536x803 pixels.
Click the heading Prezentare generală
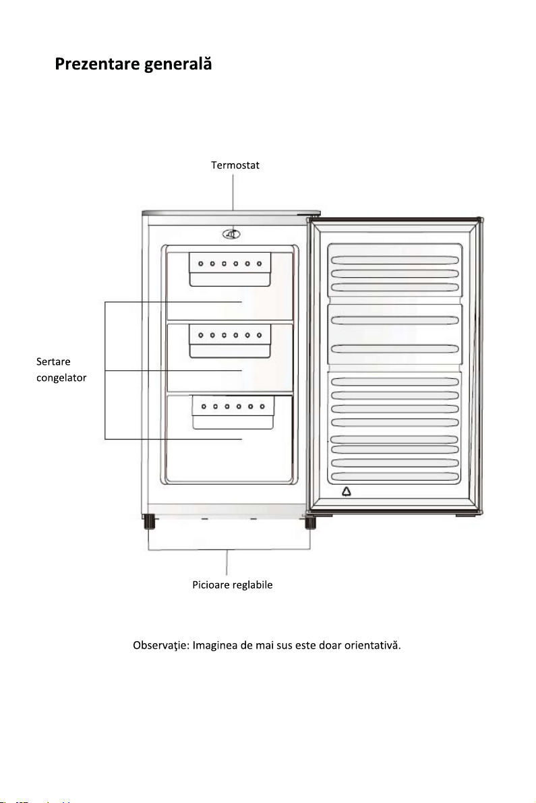133,64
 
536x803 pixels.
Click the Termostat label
235,165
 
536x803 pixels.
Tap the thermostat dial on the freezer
231,234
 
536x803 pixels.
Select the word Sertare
53,361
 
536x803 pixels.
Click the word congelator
61,378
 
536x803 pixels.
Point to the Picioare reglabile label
233,585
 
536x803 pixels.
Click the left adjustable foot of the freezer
150,522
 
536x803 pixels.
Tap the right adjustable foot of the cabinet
310,523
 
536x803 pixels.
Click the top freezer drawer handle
230,269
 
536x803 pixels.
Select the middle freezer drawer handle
230,340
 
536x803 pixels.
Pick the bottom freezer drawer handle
233,412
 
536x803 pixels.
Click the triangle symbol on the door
347,492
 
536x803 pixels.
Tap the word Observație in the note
160,645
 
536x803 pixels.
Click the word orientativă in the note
372,645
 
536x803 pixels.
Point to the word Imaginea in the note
215,645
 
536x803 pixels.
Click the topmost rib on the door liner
394,260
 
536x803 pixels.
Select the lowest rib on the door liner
394,477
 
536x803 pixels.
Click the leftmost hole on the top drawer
201,264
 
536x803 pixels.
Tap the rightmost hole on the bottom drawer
262,407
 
